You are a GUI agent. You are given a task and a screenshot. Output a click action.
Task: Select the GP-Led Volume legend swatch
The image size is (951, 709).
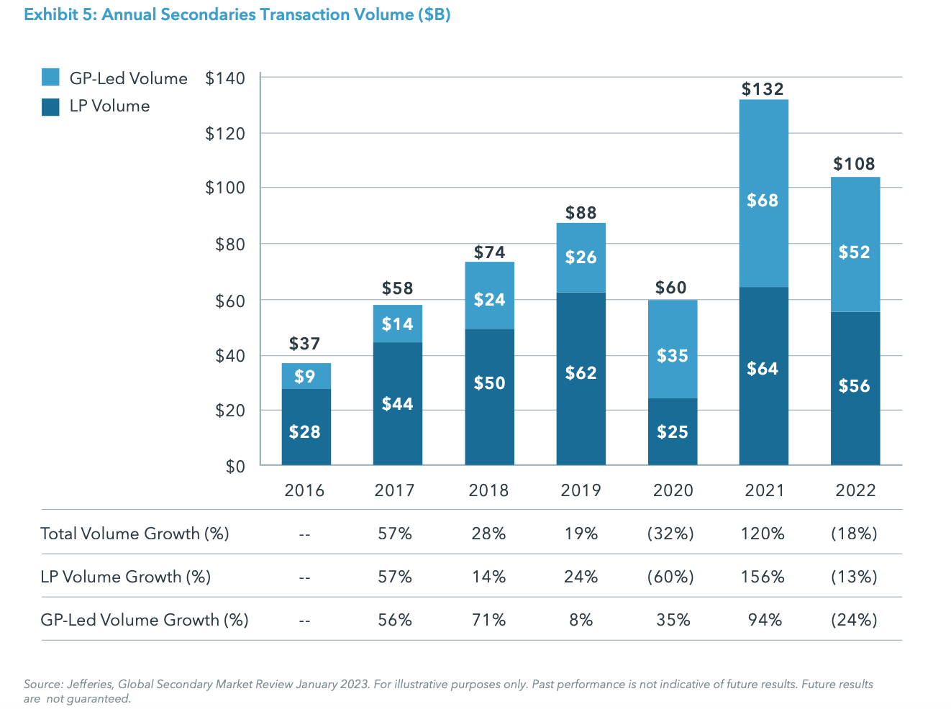[50, 78]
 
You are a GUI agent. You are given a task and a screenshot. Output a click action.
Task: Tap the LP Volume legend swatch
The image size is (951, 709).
[50, 106]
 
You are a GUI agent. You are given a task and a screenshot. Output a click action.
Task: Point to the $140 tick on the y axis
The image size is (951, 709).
[225, 78]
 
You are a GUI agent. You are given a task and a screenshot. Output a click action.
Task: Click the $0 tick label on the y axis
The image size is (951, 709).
[235, 467]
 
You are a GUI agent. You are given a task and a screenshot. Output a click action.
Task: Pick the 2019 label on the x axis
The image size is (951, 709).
[581, 490]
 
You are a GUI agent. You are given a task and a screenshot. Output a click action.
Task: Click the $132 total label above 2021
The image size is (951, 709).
[763, 89]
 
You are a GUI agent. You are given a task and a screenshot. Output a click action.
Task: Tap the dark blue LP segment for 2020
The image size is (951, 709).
[672, 431]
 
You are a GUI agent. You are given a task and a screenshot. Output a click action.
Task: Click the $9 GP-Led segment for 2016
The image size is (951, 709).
[306, 376]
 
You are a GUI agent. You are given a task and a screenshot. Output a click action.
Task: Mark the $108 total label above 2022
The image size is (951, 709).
[854, 164]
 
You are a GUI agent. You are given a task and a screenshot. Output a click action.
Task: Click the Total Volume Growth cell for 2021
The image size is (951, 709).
[763, 534]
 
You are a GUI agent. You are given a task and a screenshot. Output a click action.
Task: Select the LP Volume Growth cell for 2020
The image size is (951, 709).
[670, 577]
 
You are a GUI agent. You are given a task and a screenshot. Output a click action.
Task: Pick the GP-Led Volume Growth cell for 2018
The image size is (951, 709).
[488, 620]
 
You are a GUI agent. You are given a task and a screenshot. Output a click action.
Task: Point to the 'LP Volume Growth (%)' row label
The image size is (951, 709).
[126, 577]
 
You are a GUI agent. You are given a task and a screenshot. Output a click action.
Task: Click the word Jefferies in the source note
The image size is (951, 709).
[89, 684]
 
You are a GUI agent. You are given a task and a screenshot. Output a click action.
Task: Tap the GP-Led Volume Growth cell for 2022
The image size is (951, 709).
[854, 620]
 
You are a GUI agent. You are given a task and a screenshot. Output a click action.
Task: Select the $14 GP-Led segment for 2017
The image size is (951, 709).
[397, 324]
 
